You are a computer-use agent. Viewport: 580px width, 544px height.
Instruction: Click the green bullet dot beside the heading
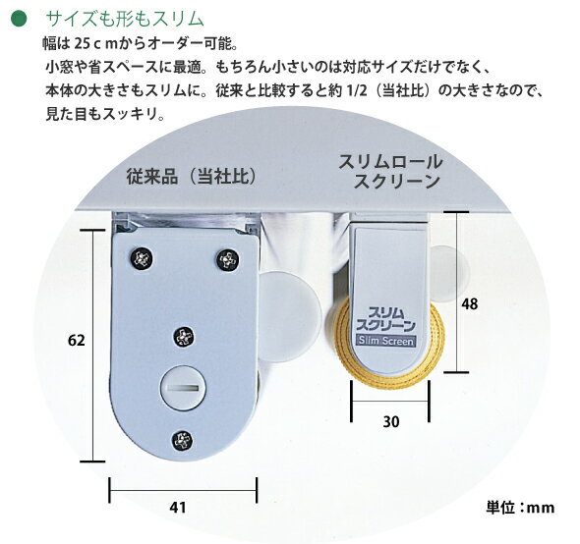[x=19, y=19]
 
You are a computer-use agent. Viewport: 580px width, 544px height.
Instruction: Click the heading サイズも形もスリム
[x=124, y=19]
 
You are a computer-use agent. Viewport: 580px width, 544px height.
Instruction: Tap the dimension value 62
[x=77, y=340]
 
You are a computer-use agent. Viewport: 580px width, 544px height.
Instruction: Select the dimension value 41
[x=178, y=508]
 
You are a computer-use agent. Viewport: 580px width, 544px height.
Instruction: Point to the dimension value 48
[x=469, y=303]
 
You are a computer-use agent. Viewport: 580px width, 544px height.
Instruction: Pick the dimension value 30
[x=391, y=421]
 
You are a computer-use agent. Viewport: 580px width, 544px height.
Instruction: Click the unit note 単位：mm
[x=520, y=508]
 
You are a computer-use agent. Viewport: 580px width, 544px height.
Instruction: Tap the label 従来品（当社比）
[x=192, y=176]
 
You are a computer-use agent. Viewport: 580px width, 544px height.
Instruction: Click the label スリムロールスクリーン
[x=390, y=172]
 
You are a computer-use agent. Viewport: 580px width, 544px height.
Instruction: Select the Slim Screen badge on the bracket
[x=385, y=341]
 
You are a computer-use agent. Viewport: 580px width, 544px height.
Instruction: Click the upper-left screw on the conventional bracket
[x=142, y=258]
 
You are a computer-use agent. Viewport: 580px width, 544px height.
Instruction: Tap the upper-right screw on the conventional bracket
[x=227, y=260]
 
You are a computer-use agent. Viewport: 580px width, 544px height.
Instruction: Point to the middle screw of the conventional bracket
[x=184, y=338]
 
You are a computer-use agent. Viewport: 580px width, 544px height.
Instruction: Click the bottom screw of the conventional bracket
[x=183, y=441]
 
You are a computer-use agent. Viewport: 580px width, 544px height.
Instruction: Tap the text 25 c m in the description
[x=95, y=44]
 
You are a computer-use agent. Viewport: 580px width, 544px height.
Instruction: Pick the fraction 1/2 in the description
[x=357, y=91]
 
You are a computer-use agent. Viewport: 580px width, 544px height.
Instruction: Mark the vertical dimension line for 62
[x=92, y=346]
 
